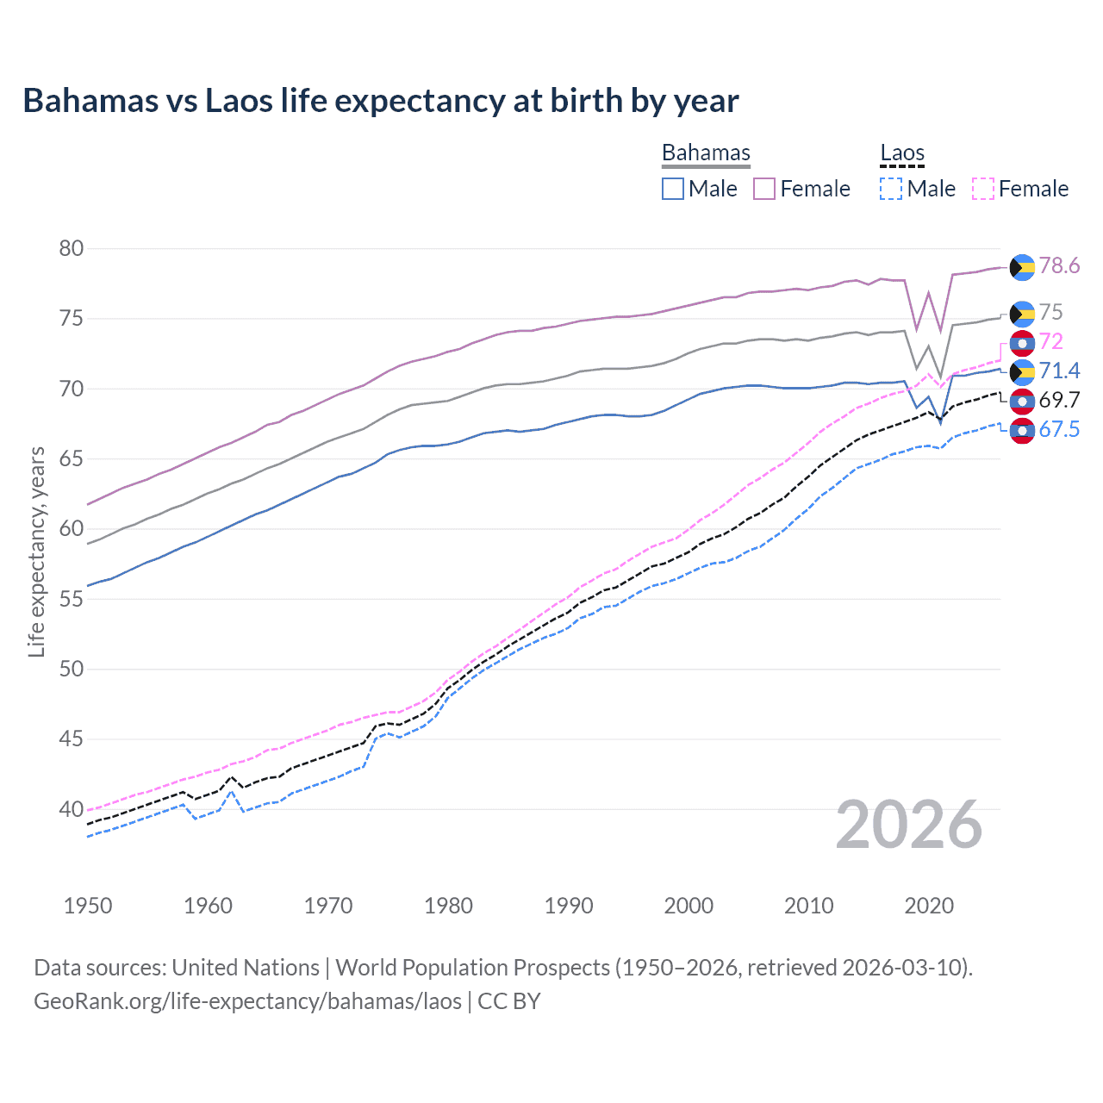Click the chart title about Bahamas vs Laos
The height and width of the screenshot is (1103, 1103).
380,101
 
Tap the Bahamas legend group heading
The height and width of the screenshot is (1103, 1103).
706,153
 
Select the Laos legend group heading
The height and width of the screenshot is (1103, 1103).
901,153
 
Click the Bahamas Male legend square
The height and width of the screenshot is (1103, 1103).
673,189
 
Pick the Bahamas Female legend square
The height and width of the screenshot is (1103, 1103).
764,189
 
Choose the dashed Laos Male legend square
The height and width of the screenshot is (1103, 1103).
891,189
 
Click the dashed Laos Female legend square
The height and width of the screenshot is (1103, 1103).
983,189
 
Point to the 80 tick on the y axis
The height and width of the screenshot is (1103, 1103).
72,249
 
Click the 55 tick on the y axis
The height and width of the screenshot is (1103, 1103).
72,599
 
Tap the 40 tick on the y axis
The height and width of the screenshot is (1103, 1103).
72,809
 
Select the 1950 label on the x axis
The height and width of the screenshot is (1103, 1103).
88,906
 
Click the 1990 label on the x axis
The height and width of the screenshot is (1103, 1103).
569,906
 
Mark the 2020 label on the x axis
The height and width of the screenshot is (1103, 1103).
929,906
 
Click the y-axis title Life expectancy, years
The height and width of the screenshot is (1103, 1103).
36,551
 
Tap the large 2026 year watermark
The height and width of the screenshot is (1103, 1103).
908,825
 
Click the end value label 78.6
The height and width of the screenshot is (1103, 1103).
1059,265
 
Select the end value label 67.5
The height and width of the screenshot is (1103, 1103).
1059,429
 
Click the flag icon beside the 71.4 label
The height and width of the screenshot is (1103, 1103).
1022,371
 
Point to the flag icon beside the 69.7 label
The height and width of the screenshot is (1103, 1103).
1022,401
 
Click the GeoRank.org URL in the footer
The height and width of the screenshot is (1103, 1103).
247,1001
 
